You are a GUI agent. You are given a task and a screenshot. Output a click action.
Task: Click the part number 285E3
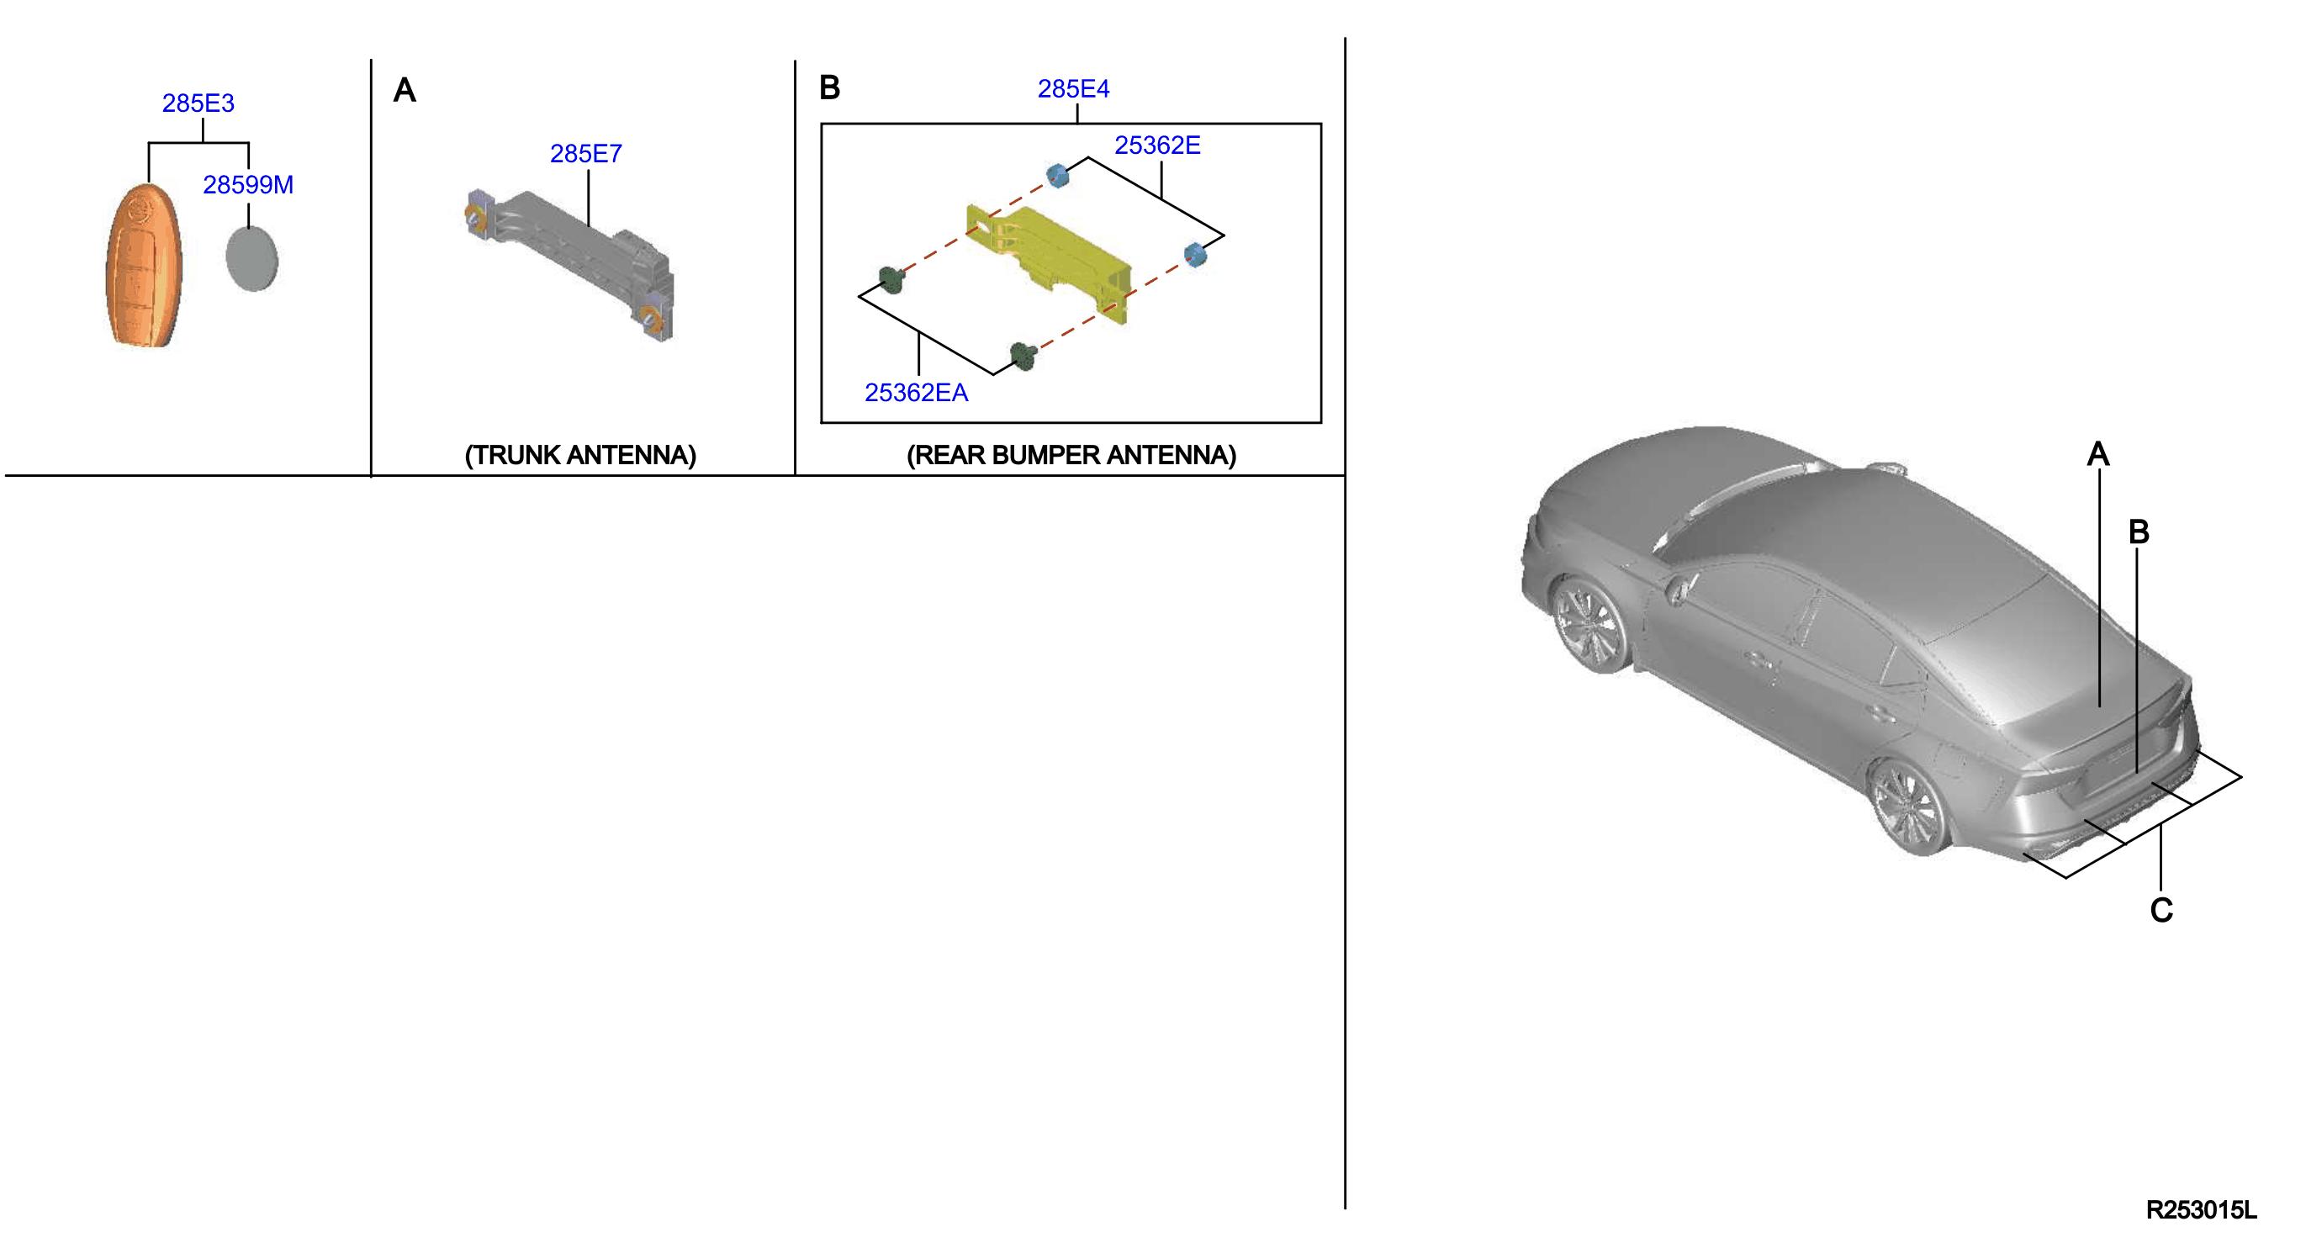pos(198,103)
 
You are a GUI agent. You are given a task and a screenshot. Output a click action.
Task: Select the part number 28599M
pos(248,184)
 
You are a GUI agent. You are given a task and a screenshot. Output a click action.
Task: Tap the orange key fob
pos(143,265)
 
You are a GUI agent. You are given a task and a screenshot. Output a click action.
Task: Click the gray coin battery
pos(251,259)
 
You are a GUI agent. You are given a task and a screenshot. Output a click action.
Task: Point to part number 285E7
pos(585,154)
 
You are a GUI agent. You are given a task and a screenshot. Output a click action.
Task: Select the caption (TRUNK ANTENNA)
pos(580,455)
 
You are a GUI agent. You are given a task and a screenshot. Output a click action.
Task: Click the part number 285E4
pos(1073,88)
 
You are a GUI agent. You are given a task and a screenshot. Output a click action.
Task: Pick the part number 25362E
pos(1156,145)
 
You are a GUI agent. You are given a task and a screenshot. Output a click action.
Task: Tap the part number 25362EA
pos(916,392)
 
